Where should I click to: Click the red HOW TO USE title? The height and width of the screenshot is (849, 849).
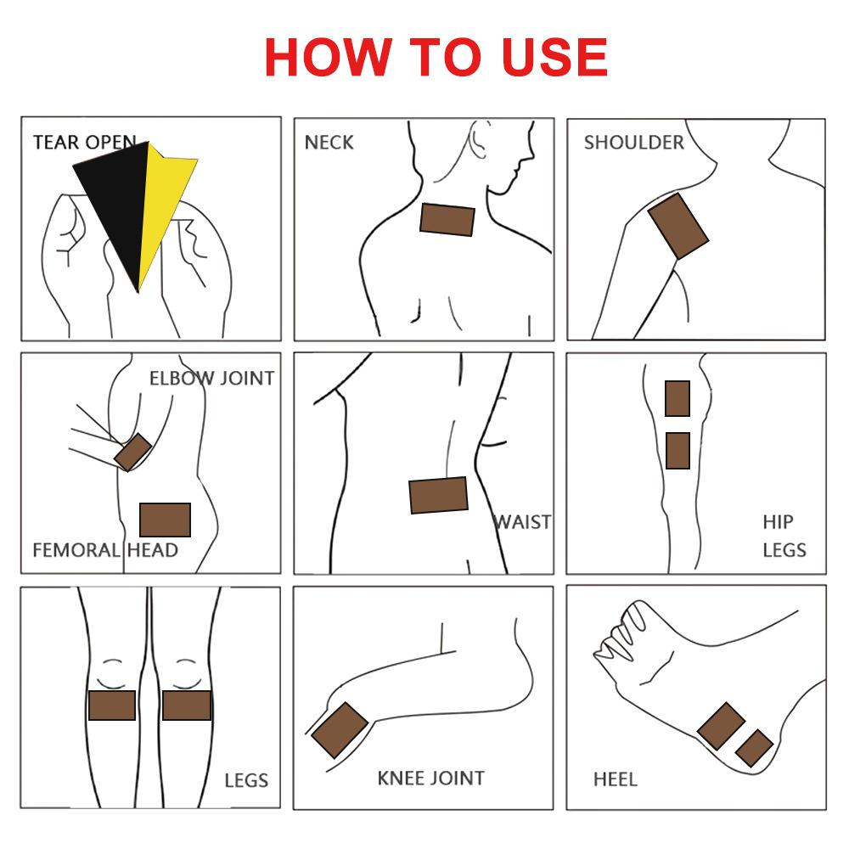point(436,57)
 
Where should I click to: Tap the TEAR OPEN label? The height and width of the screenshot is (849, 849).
point(84,142)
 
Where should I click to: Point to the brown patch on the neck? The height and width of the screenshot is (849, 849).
point(447,220)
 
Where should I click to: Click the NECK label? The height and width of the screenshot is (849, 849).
point(329,143)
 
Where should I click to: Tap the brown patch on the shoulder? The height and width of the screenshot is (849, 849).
point(678,227)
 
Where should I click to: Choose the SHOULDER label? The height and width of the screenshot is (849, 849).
point(634,143)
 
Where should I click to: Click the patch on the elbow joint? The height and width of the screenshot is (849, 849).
point(132,453)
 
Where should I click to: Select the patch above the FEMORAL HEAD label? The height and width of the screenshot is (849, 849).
point(166,520)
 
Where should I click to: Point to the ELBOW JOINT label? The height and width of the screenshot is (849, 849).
point(211,379)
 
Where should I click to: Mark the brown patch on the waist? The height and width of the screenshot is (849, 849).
point(439,495)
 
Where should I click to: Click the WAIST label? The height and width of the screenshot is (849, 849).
point(523,522)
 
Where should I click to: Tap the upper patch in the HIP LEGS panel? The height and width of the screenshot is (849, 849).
point(678,398)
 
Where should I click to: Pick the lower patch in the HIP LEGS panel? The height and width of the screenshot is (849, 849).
point(678,451)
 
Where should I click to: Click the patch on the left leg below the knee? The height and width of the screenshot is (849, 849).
point(112,705)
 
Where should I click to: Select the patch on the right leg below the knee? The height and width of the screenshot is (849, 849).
point(187,705)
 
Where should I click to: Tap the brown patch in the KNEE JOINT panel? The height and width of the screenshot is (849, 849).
point(340,730)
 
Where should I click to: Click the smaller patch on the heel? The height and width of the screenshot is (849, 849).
point(754,748)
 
